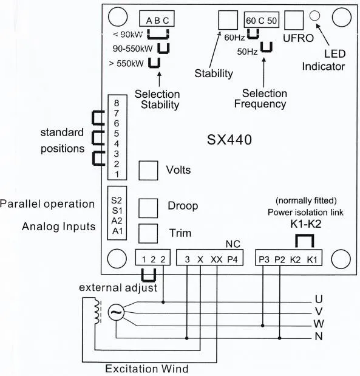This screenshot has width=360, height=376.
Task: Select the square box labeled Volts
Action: click(149, 171)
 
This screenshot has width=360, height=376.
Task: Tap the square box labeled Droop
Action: click(149, 207)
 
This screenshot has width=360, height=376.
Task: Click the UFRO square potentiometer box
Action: click(293, 21)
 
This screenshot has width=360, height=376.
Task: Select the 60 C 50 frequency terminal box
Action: click(262, 21)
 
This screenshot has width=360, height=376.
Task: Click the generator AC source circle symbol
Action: click(115, 313)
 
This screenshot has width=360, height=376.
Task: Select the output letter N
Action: click(319, 337)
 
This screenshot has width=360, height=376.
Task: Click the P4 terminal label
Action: click(233, 259)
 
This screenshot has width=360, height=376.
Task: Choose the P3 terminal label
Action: click(264, 259)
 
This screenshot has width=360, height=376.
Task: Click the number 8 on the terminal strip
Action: click(116, 103)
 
